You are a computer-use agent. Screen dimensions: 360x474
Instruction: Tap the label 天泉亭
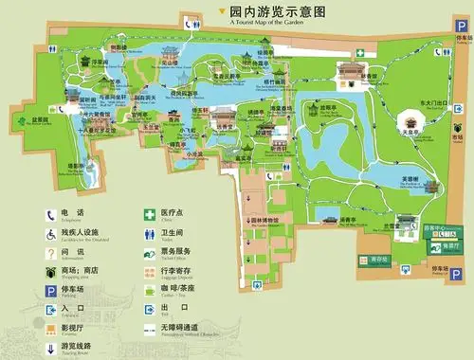pos(410,134)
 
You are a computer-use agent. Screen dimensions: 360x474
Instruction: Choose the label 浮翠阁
pos(99,63)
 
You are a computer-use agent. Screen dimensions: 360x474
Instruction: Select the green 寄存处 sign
pos(381,258)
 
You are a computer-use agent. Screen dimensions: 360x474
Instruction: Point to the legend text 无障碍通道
pos(179,327)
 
